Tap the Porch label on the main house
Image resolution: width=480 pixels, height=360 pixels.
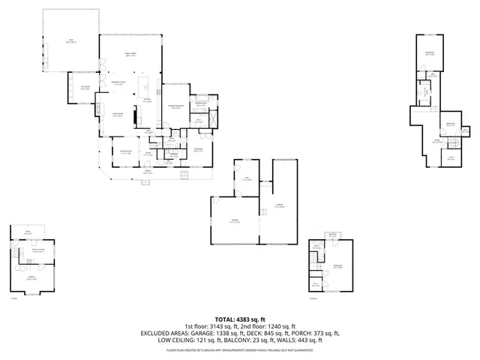coord(148,172)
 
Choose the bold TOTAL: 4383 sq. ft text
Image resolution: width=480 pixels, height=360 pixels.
coord(239,319)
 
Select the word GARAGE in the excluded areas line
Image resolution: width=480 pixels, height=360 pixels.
coord(207,333)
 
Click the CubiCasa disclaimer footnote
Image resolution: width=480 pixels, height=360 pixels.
coord(239,349)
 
